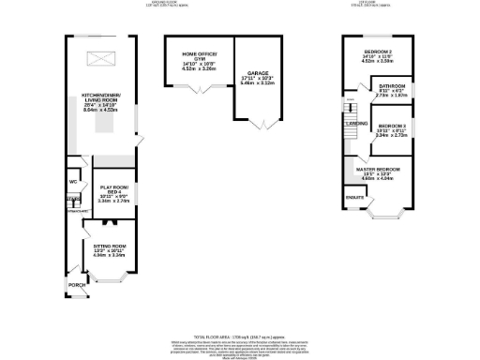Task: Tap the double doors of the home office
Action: (x=199, y=90)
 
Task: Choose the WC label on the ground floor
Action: (x=73, y=181)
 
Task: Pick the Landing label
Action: (x=356, y=123)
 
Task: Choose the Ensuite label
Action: (x=354, y=198)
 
